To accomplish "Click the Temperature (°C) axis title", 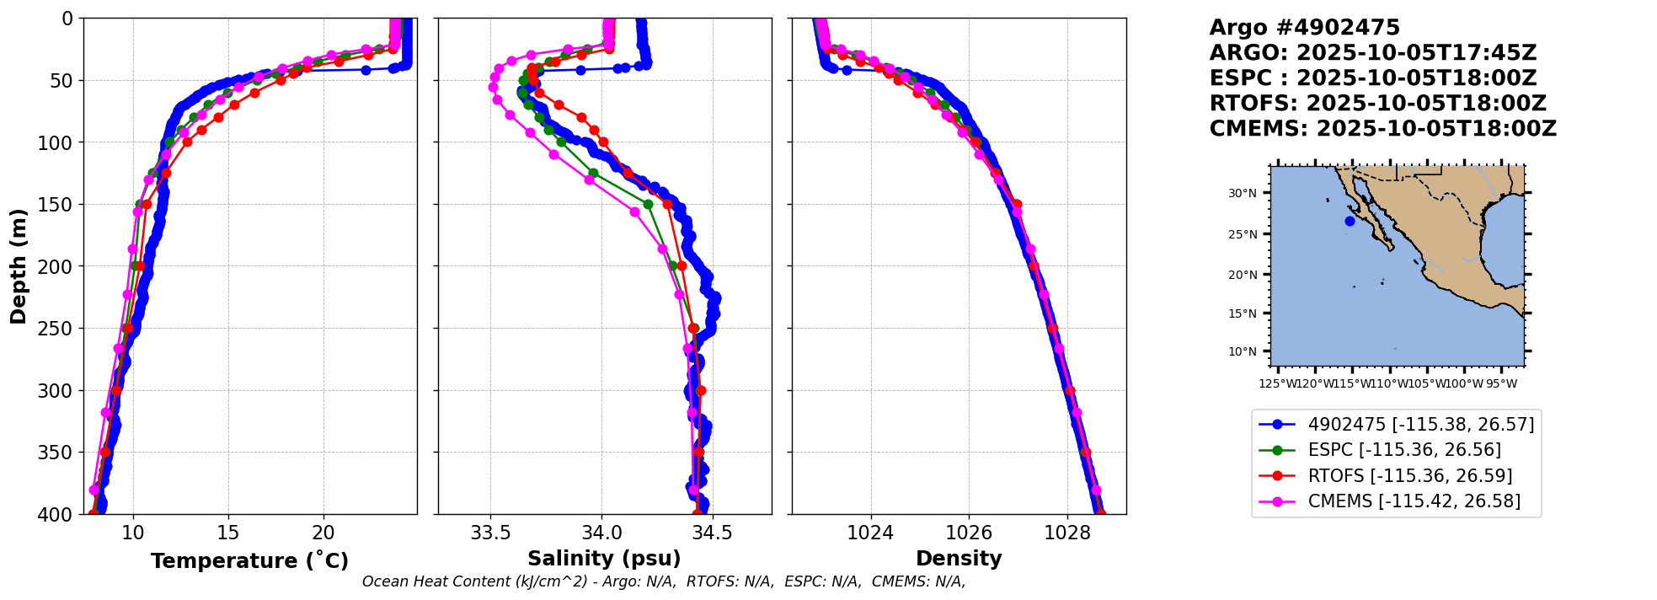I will click(x=249, y=561).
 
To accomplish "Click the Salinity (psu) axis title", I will click(x=604, y=559).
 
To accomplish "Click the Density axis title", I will click(x=959, y=559).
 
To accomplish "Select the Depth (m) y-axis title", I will click(x=19, y=266).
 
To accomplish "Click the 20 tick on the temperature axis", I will click(x=323, y=533).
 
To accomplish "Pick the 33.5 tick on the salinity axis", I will click(x=490, y=533).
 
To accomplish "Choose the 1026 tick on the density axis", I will click(x=969, y=533).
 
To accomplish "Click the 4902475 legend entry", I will click(x=1420, y=425).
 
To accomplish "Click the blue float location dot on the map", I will click(x=1350, y=222).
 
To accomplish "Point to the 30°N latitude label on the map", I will click(x=1242, y=194).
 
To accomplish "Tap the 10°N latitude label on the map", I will click(x=1242, y=351).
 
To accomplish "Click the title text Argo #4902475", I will click(x=1304, y=28).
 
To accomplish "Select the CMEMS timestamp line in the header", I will click(x=1382, y=129).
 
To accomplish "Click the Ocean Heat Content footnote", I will click(x=664, y=581).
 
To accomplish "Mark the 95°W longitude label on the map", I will click(x=1501, y=384).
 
